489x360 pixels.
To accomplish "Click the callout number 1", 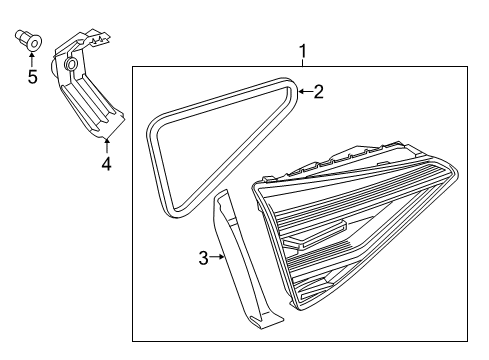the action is click(303, 51).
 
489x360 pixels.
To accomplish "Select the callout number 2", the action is click(319, 91).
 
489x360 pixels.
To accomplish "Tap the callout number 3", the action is click(204, 258).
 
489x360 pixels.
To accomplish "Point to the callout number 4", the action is click(106, 164).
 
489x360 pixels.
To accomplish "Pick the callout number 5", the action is click(33, 77).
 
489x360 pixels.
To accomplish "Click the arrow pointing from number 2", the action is click(305, 91).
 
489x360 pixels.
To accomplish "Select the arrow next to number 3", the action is click(217, 257).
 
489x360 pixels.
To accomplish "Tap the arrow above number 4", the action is click(107, 146).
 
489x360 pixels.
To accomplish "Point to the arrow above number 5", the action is click(32, 60).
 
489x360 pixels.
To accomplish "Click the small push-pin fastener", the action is click(29, 40).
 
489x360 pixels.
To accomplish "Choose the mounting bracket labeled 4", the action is click(87, 85).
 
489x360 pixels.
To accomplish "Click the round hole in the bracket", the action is click(71, 64).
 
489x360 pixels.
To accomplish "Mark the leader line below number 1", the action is click(303, 63).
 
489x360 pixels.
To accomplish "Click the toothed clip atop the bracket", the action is click(99, 39).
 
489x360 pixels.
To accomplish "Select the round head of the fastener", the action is click(34, 43).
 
